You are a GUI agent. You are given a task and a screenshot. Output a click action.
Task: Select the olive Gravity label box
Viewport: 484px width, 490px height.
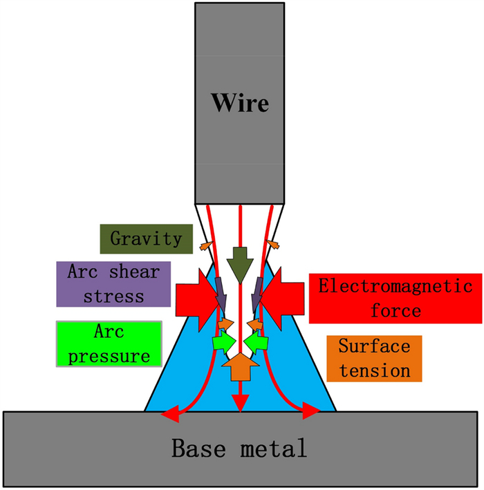pos(147,239)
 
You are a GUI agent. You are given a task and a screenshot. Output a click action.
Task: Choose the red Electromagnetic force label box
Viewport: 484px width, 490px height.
pos(395,299)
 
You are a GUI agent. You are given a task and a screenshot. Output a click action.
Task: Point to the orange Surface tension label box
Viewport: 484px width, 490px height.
pos(374,358)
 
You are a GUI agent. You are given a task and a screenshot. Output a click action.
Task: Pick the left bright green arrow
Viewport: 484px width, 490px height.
pos(223,341)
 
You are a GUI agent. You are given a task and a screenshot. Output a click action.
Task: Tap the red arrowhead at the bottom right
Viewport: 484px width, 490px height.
pos(313,413)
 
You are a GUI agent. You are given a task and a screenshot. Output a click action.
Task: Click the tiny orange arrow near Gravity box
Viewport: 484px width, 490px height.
pos(205,244)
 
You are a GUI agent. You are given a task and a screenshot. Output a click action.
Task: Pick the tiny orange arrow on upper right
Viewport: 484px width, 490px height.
pos(274,244)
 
